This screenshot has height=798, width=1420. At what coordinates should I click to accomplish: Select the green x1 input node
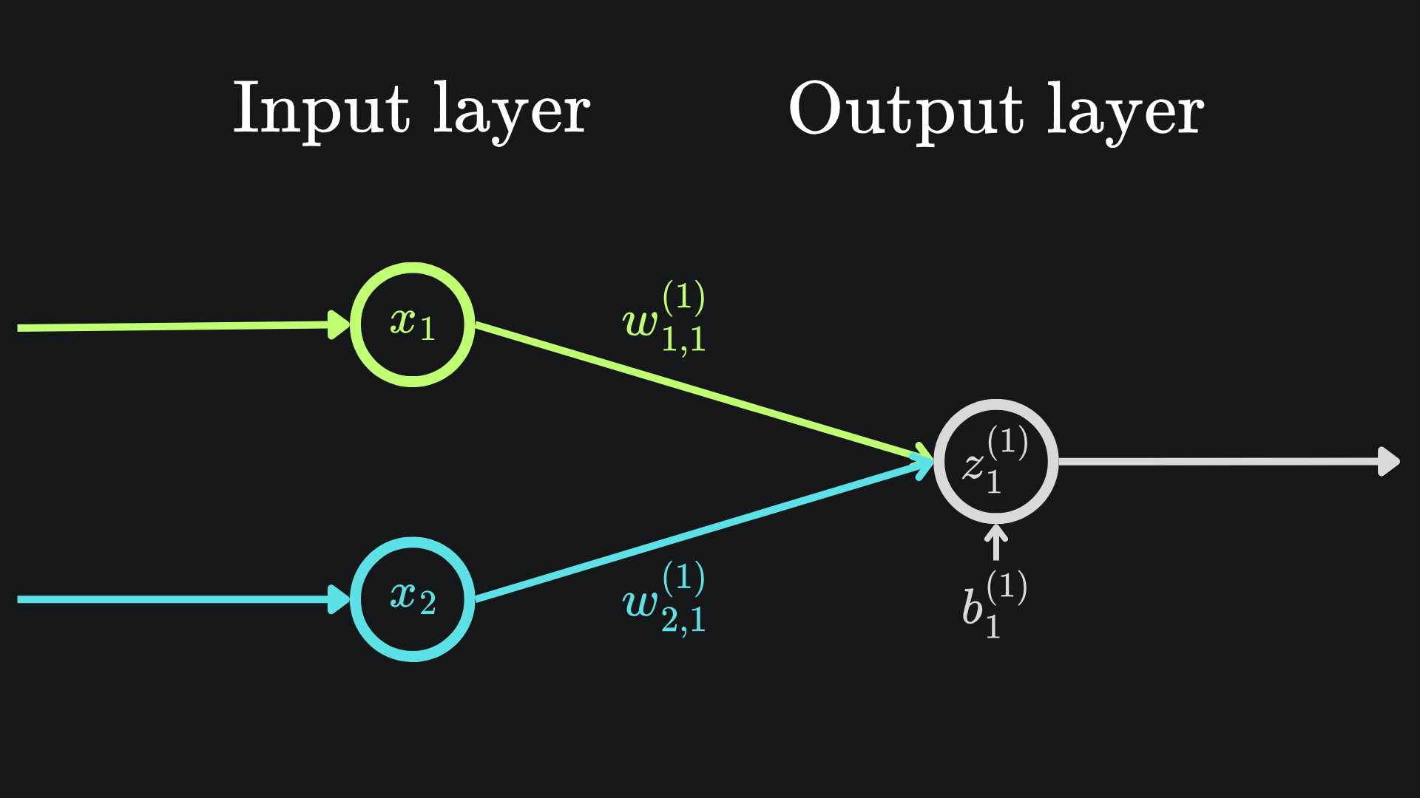412,324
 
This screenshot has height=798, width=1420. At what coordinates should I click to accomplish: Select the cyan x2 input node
412,598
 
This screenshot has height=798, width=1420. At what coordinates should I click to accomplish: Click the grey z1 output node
995,462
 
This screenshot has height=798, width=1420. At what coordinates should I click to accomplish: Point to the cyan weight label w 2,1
664,599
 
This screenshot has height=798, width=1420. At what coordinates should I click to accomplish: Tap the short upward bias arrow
996,542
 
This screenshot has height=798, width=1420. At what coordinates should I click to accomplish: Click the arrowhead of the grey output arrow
1388,462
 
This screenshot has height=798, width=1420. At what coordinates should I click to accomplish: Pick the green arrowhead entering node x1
338,324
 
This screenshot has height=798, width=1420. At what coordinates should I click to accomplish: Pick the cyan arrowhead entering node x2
338,598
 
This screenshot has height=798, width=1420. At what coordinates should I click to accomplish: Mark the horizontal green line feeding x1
170,327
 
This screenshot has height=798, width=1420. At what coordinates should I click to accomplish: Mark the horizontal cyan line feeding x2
170,599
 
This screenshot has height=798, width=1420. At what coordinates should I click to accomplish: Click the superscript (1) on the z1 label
1007,443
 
